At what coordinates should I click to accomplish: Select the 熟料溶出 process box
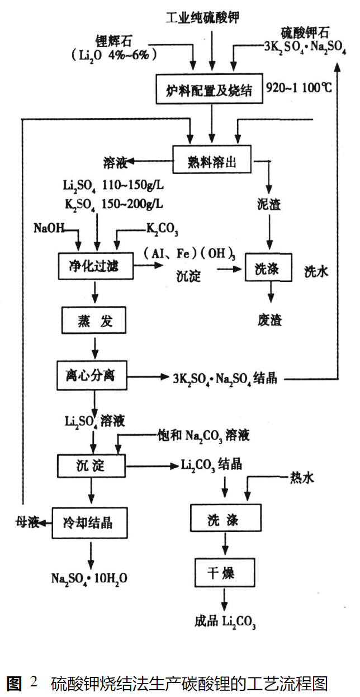tap(211, 162)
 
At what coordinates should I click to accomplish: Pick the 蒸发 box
tap(95, 321)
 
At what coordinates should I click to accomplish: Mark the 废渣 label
tap(270, 321)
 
